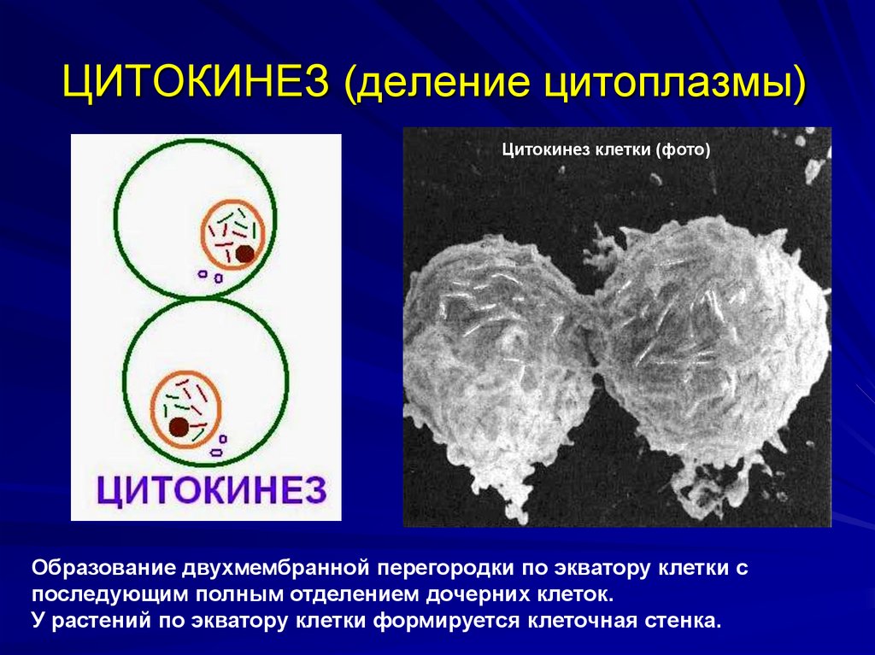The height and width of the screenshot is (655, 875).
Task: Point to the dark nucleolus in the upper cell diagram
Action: click(x=245, y=253)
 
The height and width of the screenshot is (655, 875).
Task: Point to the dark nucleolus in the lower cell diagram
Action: click(x=179, y=427)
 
